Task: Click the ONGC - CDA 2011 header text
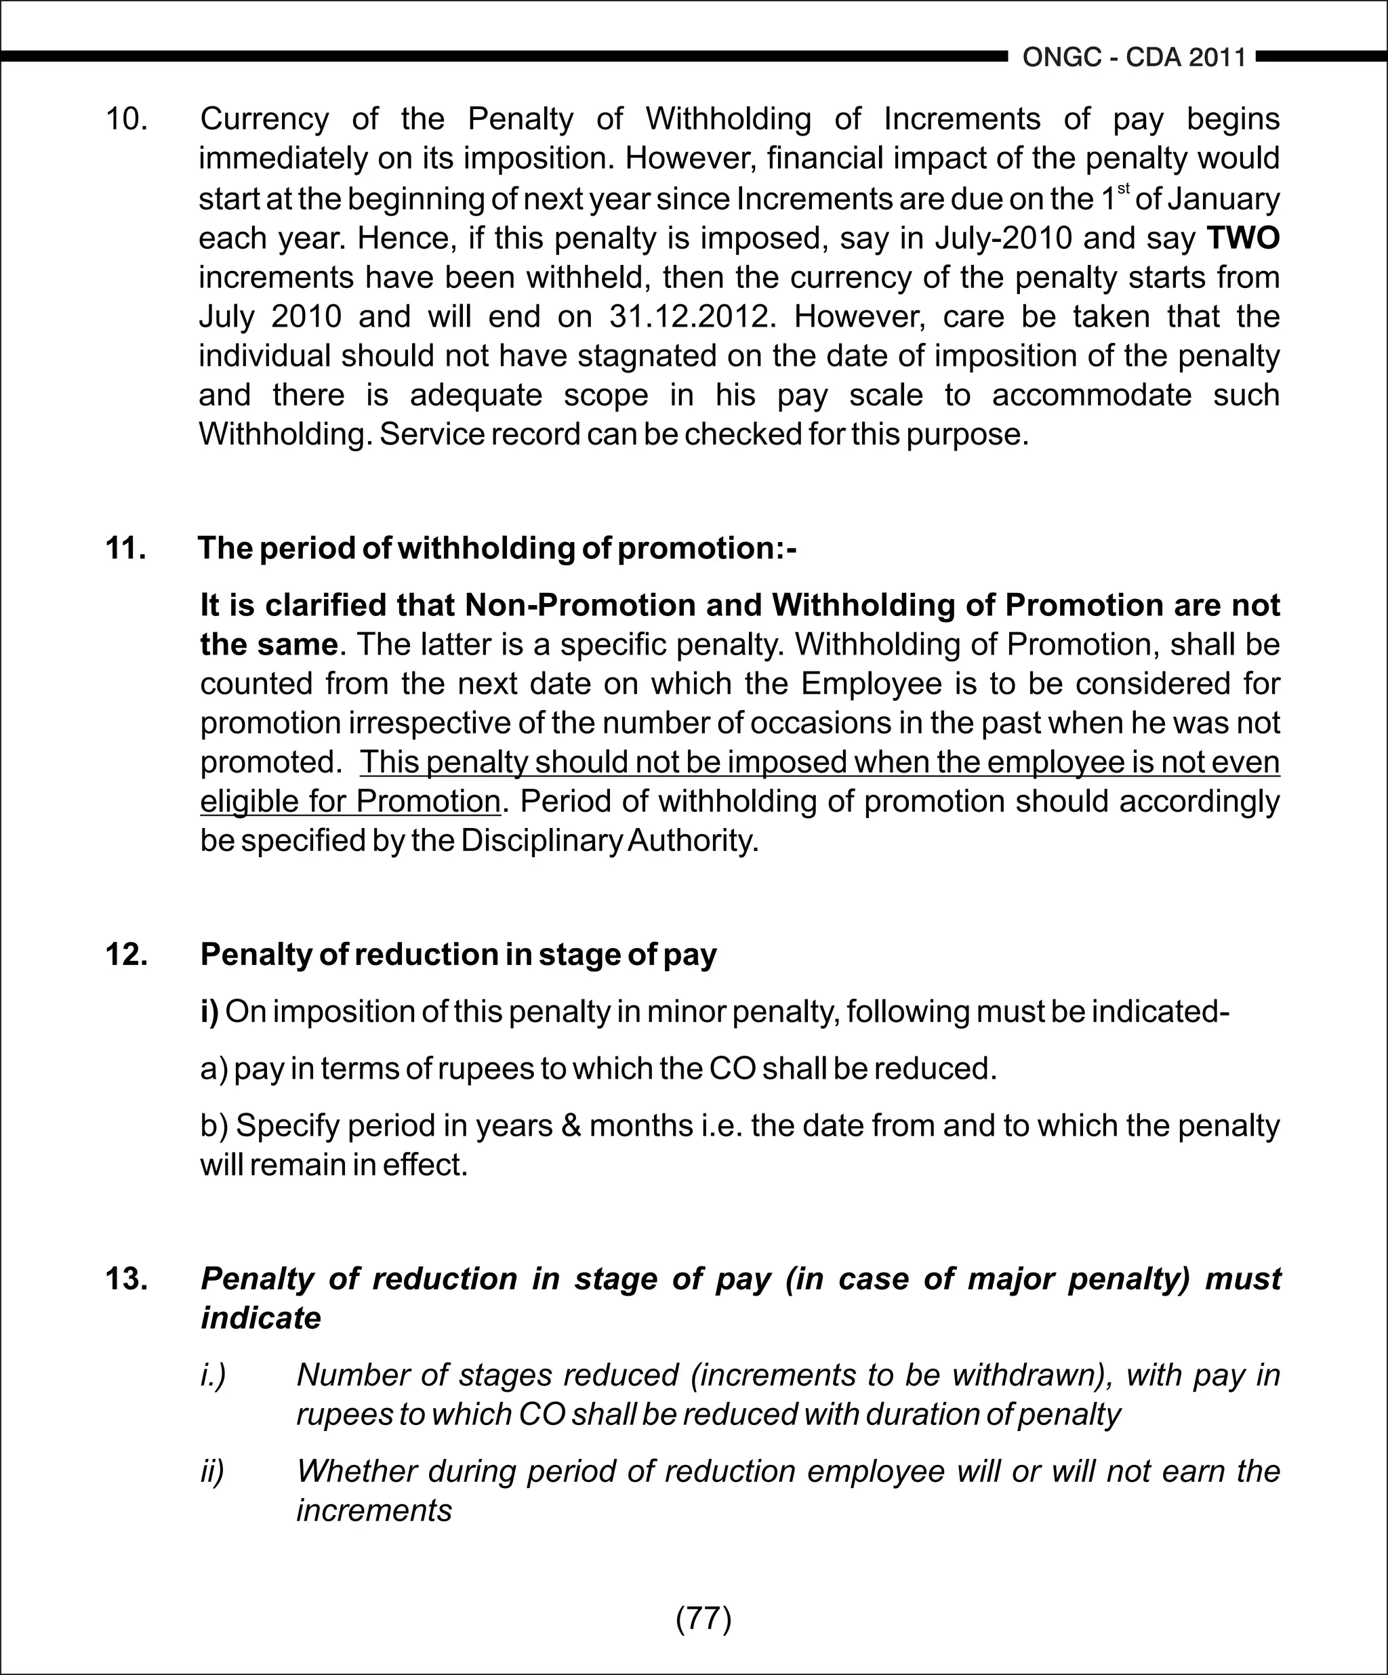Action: (1134, 58)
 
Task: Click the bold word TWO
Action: (1242, 239)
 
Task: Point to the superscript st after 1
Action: (1123, 189)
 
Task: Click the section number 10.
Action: (126, 119)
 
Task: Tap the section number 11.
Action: (125, 549)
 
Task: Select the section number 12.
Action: (126, 955)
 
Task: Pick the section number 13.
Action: (126, 1279)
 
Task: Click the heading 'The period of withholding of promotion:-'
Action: (497, 549)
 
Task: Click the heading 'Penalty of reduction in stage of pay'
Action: (458, 955)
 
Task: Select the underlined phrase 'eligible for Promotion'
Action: (350, 801)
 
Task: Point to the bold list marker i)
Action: (209, 1012)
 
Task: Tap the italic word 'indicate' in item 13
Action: (260, 1319)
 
